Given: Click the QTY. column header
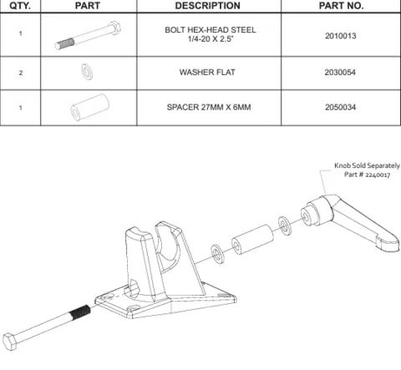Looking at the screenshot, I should click(x=20, y=6).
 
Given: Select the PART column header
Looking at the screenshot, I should click(x=88, y=6).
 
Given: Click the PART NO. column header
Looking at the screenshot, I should click(x=341, y=6).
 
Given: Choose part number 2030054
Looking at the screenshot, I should click(x=341, y=73).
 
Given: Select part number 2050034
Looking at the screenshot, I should click(x=341, y=109).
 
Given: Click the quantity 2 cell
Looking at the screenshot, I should click(x=20, y=73).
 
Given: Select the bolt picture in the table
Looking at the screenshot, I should click(x=87, y=36).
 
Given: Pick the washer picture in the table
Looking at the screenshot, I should click(x=87, y=72).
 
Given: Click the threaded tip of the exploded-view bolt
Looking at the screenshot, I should click(x=80, y=312).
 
